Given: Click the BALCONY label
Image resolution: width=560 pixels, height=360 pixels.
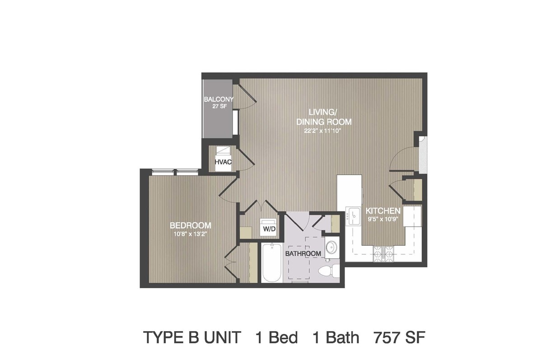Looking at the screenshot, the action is (219, 99).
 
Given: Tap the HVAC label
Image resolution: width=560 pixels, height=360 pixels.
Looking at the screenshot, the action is (223, 162).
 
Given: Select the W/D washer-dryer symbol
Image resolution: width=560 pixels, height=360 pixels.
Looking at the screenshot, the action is (268, 227).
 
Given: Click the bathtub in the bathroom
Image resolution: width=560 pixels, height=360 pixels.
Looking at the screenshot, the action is (272, 262).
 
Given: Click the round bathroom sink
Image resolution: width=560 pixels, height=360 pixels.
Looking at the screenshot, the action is (332, 247).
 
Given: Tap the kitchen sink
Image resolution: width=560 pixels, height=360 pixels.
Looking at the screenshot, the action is (353, 216).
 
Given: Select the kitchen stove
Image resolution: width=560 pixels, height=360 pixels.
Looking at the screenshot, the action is (383, 254).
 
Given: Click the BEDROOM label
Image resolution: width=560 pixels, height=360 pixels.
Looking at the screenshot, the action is (191, 225).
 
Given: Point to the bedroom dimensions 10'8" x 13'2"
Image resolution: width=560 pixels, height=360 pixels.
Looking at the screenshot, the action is (191, 234).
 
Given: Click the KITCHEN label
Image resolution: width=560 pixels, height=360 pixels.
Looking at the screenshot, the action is (383, 211).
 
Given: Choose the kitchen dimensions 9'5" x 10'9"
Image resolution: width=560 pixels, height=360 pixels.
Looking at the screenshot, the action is (383, 220).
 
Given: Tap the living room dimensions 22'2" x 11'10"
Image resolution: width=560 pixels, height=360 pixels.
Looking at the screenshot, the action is (323, 131).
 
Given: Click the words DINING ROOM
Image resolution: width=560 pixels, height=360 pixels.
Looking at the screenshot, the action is (324, 122).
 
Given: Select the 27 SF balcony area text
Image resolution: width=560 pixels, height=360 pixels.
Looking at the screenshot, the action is (219, 106).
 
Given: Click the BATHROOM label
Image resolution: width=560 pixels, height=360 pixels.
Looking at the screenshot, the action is (303, 253).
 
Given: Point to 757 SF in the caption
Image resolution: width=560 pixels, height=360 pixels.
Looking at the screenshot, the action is (399, 337).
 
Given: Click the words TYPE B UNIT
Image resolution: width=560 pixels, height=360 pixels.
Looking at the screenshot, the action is (192, 337).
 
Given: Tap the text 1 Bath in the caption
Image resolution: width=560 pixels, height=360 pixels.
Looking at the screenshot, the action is (336, 337).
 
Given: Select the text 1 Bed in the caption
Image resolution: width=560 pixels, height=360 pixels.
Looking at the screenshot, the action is (277, 337).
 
